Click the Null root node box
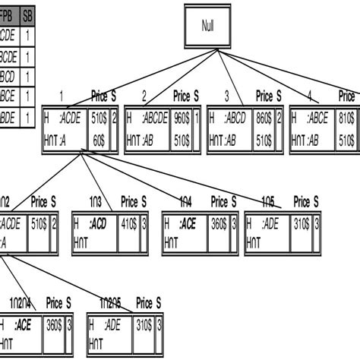coord(207,25)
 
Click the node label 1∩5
coord(268,202)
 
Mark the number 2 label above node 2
coord(144,96)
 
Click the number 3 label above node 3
coord(227,96)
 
